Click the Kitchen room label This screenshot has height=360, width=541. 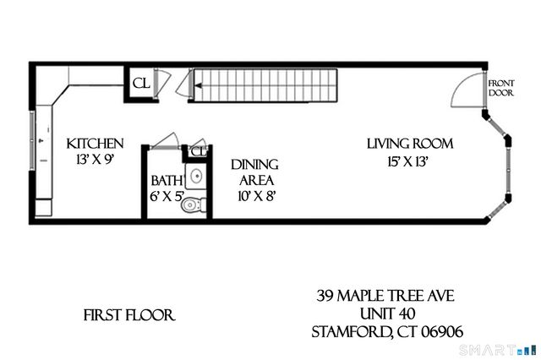96,145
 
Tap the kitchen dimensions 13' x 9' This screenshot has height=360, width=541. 96,160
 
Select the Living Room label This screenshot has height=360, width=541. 410,144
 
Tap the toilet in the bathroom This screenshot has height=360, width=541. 194,204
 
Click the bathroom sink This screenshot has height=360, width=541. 195,177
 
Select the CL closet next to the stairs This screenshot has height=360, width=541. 140,84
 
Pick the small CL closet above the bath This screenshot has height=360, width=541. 198,151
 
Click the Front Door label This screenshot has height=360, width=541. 500,87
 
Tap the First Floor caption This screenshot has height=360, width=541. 128,316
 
